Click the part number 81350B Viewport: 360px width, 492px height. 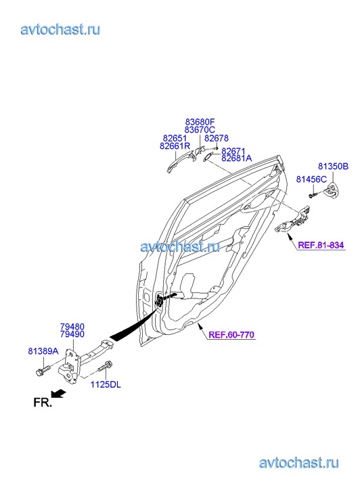[333, 166]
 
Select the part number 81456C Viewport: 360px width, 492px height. [311, 179]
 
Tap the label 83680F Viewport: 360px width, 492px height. [200, 122]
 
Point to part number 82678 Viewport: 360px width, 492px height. [217, 138]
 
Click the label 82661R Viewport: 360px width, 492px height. [175, 146]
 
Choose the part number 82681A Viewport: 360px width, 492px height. [237, 158]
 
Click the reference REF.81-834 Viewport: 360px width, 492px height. [321, 245]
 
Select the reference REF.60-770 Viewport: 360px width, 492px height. [231, 335]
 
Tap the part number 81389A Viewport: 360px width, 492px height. [43, 351]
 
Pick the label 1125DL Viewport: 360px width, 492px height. [106, 384]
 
